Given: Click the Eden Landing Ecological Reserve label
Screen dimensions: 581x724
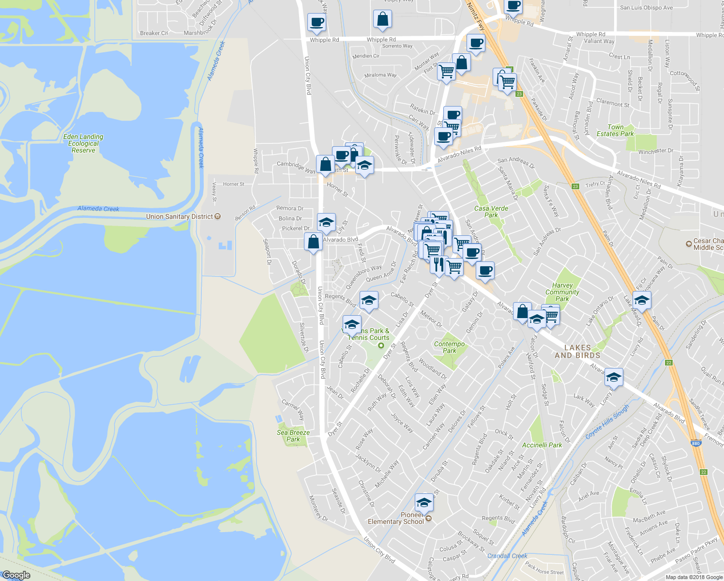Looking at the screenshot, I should (x=83, y=143).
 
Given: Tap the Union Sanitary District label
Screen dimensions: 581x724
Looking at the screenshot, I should (x=180, y=216).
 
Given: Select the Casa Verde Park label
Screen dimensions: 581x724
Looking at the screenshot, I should (x=491, y=212).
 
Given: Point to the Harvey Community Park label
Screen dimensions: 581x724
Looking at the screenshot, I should (x=562, y=292).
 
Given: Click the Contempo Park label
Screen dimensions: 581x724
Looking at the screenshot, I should (x=449, y=347).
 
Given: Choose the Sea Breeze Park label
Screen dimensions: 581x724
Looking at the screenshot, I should (x=293, y=436).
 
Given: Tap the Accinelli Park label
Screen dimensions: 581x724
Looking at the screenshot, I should (x=542, y=445).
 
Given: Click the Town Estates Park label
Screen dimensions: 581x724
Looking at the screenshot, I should (x=615, y=130).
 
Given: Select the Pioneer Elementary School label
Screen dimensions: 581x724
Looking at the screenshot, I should (x=396, y=518).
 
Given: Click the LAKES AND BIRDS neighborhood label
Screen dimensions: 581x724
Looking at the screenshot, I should (x=577, y=351).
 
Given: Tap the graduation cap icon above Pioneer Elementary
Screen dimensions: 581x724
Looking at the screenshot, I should (x=424, y=503).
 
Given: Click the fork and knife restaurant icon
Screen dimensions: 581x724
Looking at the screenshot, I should (x=438, y=264).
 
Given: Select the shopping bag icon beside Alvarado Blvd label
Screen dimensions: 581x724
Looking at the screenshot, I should (x=313, y=241).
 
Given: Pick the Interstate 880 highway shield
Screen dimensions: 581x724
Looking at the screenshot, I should (x=696, y=443).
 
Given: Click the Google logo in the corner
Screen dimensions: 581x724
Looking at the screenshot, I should (x=16, y=575).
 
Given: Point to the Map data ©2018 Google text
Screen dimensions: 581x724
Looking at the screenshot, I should (x=693, y=577).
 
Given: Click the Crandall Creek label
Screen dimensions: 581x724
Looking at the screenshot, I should (x=507, y=556).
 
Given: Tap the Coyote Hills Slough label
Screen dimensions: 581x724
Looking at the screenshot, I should (x=607, y=422).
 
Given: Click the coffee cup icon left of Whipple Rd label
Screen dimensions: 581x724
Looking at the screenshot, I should (x=317, y=22).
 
